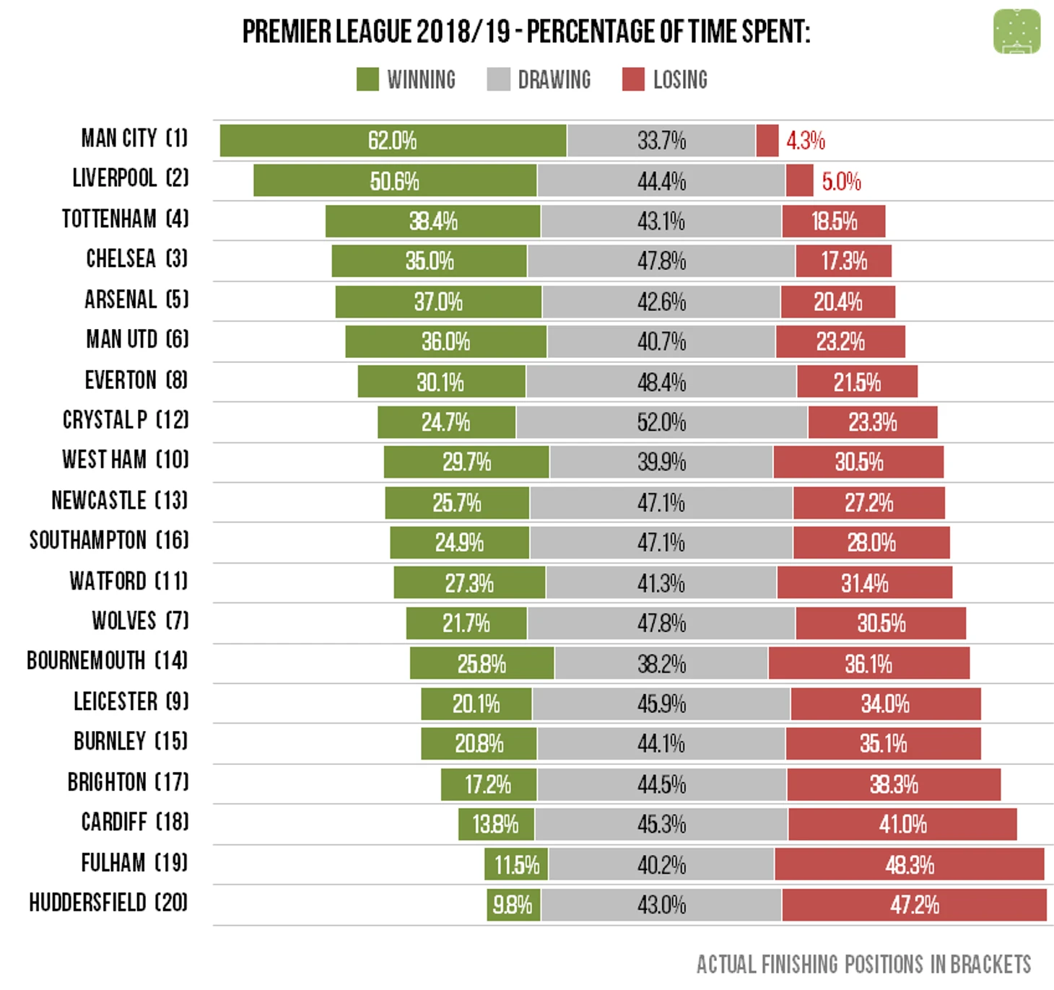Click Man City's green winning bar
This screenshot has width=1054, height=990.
click(x=393, y=141)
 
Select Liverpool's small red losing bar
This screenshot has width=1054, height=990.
click(x=799, y=180)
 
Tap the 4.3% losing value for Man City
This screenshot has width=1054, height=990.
click(x=805, y=141)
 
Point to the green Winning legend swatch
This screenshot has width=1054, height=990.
click(x=367, y=79)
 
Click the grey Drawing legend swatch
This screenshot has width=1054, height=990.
click(x=498, y=79)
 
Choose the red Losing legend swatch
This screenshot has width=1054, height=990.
click(x=633, y=79)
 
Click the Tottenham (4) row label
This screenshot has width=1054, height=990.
click(x=125, y=219)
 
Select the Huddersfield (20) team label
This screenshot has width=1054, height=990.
click(x=108, y=903)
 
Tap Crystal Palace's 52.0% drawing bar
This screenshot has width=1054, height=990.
click(x=661, y=422)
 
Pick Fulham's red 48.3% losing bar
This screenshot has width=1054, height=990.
click(x=909, y=864)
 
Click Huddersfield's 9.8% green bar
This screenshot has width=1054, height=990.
click(x=513, y=905)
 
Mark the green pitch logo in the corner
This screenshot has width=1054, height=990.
click(x=1016, y=32)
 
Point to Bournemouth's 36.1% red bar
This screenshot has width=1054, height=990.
click(x=868, y=663)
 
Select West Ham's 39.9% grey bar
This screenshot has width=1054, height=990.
click(x=661, y=462)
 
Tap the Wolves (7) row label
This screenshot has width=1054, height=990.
click(x=140, y=621)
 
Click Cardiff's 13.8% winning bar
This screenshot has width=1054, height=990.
click(x=496, y=824)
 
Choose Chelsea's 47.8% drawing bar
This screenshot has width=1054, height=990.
click(x=661, y=260)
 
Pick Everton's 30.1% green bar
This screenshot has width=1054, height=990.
click(x=441, y=382)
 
